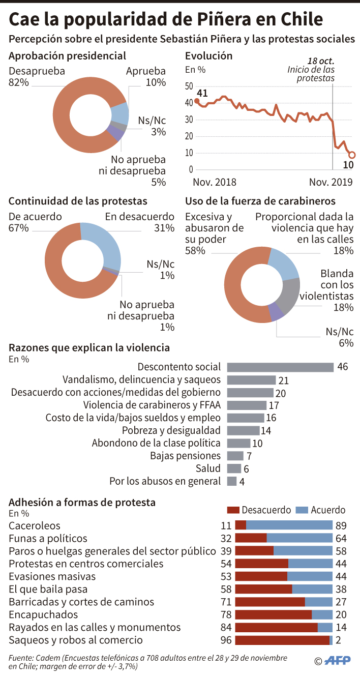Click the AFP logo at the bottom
338,661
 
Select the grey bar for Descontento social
280,367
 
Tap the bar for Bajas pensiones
235,456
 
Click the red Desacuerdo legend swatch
233,510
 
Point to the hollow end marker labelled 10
351,155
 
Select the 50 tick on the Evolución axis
189,85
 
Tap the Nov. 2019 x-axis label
331,182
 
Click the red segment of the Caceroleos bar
241,525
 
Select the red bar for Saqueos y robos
282,640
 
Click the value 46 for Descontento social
342,367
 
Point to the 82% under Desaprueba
19,82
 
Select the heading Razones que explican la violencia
89,348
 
